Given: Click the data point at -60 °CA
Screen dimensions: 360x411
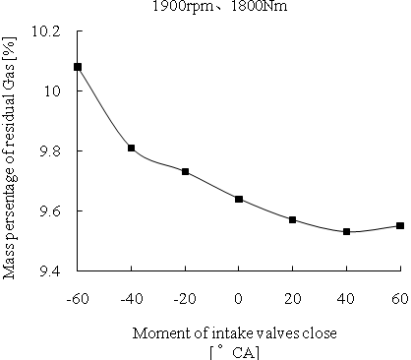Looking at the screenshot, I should (x=78, y=67).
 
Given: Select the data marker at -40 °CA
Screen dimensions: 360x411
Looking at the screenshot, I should (x=131, y=148).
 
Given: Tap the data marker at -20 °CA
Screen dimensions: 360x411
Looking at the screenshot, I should (x=185, y=172).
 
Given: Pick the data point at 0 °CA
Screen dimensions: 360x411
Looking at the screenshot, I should (x=239, y=199).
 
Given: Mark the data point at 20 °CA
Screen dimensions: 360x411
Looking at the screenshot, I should (x=293, y=219).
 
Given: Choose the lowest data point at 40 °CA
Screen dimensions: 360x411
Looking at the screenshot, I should (x=346, y=231).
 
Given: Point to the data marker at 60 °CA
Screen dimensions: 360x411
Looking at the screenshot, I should (x=399, y=225).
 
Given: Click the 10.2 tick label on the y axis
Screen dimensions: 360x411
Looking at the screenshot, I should (x=46, y=31).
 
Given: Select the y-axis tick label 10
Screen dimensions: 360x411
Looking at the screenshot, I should (x=54, y=91).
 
